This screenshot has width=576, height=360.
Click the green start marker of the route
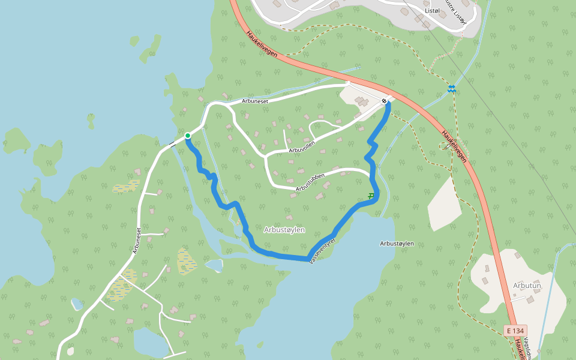tap(188, 136)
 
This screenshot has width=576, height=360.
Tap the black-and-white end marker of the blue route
tap(385, 101)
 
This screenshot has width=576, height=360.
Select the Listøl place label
tap(431, 11)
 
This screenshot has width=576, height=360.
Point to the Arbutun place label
tap(527, 286)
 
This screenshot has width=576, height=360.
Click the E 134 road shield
tap(515, 331)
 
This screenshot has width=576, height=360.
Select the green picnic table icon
tap(372, 196)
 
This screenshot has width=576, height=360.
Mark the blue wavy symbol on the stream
tap(451, 89)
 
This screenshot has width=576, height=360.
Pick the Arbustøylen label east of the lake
tap(397, 244)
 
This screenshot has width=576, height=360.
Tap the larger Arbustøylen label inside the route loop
tap(284, 230)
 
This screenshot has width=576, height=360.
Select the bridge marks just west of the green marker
tap(172, 143)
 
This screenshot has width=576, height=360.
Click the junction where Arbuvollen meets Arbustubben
tap(265, 157)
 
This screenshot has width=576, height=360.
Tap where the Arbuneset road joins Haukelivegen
tap(348, 83)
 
